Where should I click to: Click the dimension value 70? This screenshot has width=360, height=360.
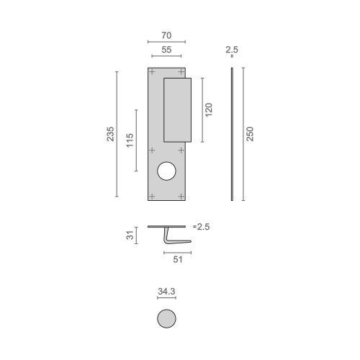click(x=166, y=34)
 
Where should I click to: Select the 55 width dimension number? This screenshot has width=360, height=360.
click(x=166, y=50)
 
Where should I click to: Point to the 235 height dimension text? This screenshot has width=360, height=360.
click(x=110, y=134)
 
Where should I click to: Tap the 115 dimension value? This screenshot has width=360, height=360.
click(x=130, y=140)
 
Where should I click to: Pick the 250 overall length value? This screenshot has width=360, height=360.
click(x=250, y=134)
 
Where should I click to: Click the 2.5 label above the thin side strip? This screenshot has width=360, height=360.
click(x=231, y=50)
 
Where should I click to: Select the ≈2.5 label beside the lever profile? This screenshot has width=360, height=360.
click(x=202, y=227)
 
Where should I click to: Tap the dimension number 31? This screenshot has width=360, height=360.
click(x=130, y=235)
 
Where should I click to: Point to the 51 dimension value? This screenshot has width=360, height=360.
click(x=177, y=260)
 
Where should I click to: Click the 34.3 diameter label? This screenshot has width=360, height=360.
click(x=166, y=292)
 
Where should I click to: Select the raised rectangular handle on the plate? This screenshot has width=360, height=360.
click(x=177, y=109)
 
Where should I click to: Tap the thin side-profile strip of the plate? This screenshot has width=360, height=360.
click(x=231, y=134)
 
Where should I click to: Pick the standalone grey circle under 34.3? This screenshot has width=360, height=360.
click(x=166, y=318)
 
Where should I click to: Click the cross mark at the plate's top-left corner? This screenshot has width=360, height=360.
click(x=151, y=72)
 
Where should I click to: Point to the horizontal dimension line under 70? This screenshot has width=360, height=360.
click(x=166, y=42)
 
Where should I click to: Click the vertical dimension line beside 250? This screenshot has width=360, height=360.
click(x=242, y=134)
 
